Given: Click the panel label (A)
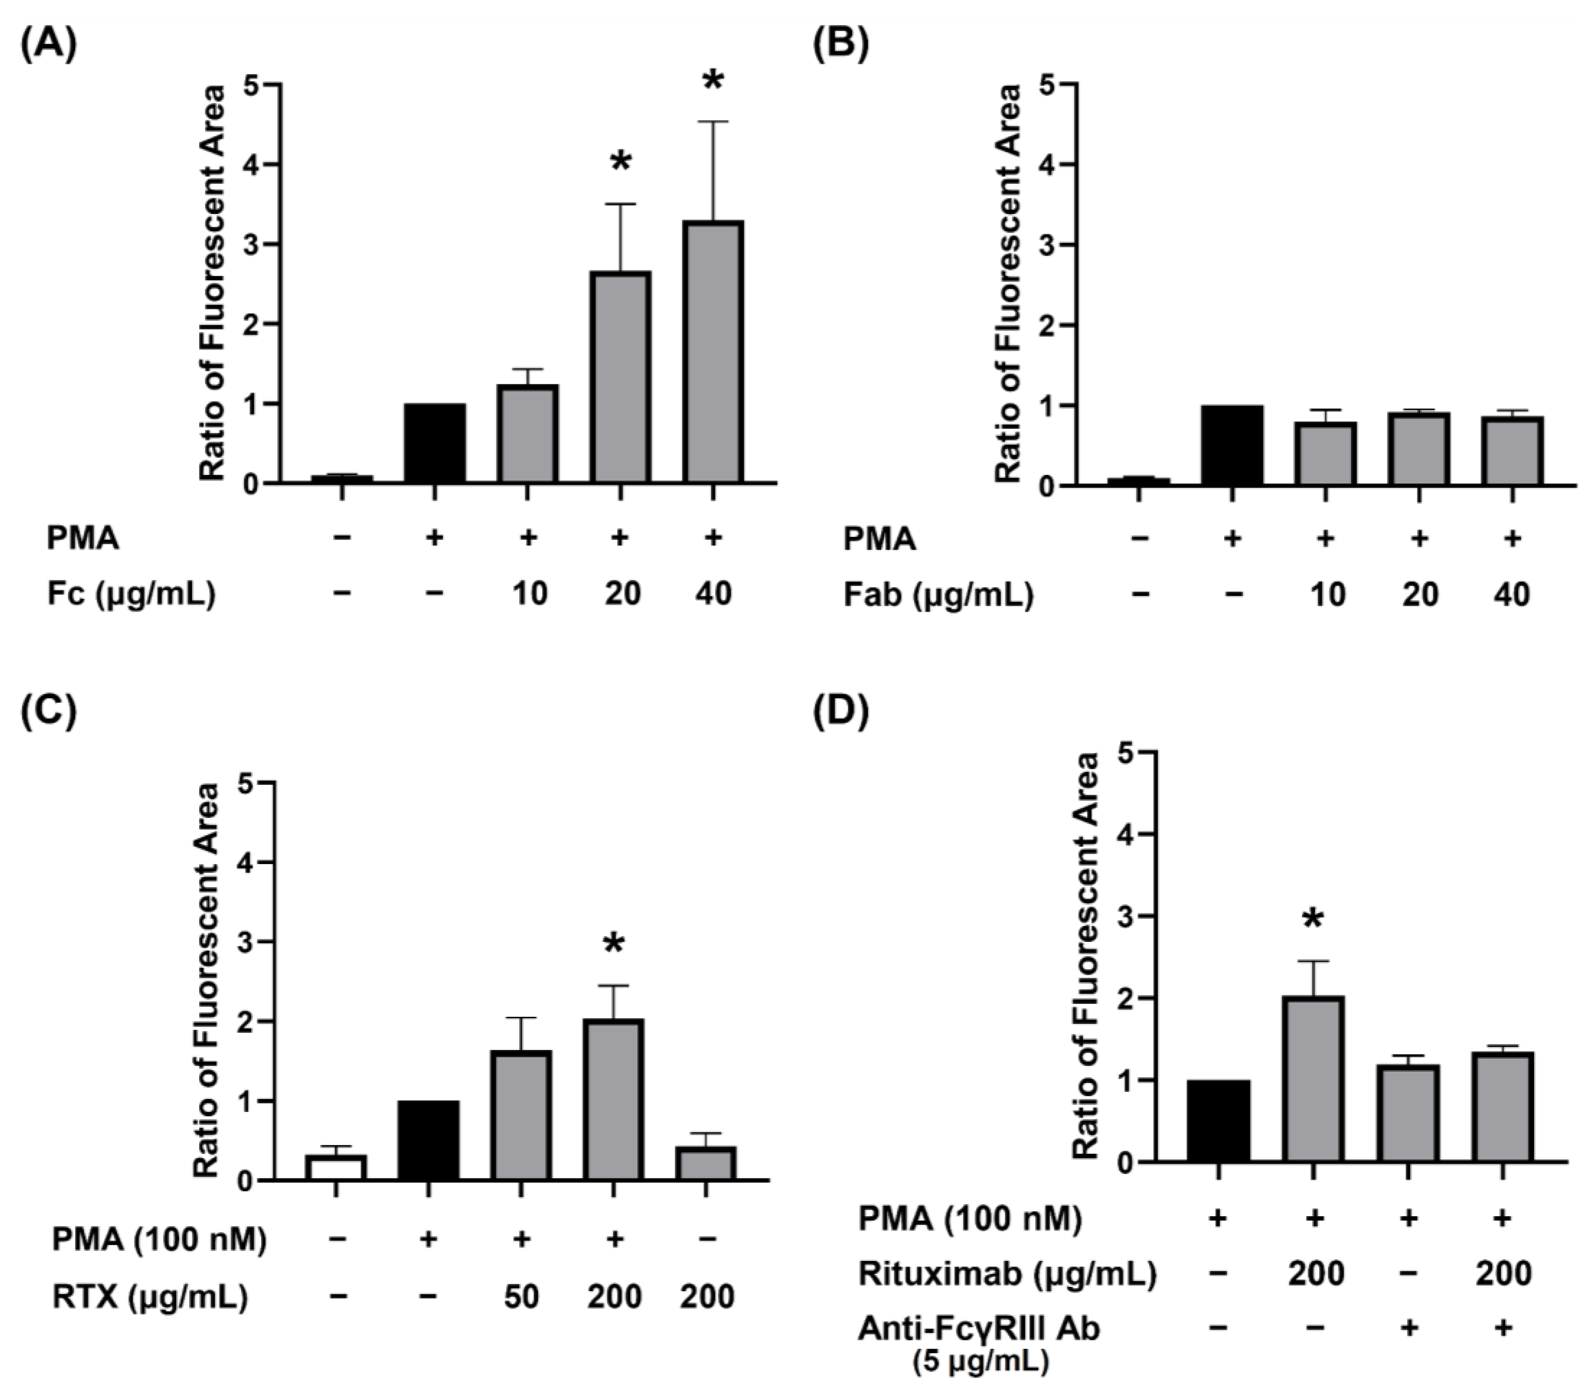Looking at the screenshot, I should [48, 45].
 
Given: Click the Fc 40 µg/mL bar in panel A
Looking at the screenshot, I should [713, 354].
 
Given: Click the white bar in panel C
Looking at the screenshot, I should [335, 1168].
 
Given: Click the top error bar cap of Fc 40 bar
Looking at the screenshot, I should [713, 122].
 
